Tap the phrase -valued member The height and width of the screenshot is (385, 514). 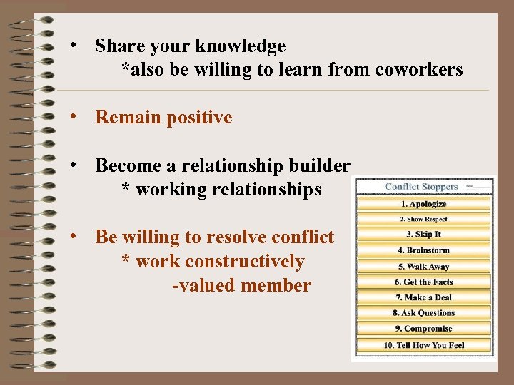(242, 286)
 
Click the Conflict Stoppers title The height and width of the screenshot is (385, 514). (421, 187)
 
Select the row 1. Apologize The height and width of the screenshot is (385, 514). (423, 204)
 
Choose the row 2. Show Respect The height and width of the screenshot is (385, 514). (423, 220)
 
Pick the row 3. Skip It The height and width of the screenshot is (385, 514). (423, 235)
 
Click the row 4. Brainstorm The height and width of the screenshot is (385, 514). (423, 250)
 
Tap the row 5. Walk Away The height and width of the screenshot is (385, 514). (423, 267)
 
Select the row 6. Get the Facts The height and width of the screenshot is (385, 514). (423, 282)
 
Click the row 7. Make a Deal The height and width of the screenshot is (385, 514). (423, 297)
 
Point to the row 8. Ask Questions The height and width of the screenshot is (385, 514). (423, 313)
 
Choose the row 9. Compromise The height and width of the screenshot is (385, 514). (423, 329)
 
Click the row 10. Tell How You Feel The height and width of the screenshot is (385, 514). (423, 345)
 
